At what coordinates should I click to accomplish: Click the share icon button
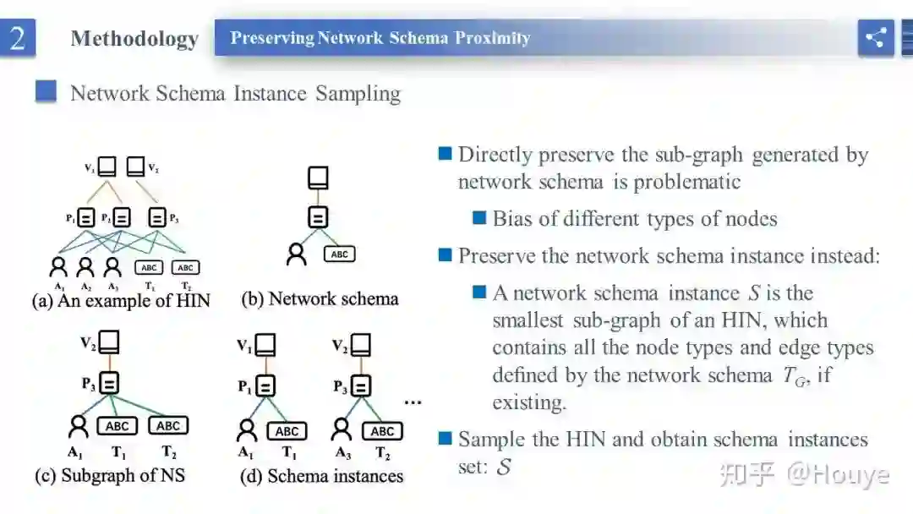point(876,38)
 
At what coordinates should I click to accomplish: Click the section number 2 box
point(18,38)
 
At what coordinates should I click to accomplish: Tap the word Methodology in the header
point(134,39)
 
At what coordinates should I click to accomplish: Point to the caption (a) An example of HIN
point(121,300)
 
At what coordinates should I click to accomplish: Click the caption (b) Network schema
point(320,298)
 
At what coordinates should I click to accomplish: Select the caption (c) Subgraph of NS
point(110,475)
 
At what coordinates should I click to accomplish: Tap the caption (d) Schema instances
point(321,476)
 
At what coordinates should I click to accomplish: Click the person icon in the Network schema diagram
point(296,254)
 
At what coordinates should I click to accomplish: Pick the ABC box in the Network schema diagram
point(339,254)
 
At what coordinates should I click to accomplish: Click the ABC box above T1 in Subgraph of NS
point(118,426)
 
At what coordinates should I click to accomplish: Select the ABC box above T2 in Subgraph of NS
point(168,426)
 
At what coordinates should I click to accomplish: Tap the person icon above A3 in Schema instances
point(342,431)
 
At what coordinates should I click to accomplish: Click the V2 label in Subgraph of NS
point(88,343)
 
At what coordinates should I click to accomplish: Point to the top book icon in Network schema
point(317,178)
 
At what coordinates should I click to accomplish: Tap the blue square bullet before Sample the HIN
point(446,438)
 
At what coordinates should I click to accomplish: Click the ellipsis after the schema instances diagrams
point(413,402)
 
